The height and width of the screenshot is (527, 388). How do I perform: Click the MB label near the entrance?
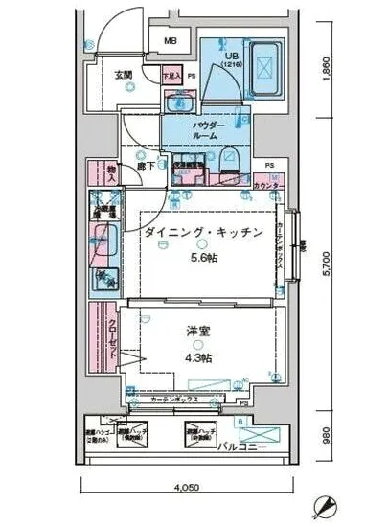[x=169, y=41]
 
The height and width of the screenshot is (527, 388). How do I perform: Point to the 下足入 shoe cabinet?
[x=169, y=75]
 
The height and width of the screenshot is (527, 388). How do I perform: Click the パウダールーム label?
[x=208, y=130]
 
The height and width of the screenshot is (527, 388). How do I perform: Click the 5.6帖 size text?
[x=202, y=259]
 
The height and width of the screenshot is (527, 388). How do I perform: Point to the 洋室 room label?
[x=198, y=332]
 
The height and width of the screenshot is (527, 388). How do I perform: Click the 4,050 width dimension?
[x=190, y=490]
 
